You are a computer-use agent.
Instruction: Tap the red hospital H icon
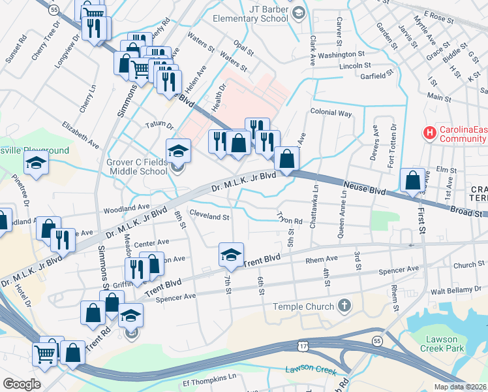pos(429,133)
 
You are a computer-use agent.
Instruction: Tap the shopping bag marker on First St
pos(412,181)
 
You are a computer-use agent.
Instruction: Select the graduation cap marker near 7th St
pos(230,255)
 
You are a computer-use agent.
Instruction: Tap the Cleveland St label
pos(209,214)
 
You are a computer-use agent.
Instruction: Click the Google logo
pos(22,384)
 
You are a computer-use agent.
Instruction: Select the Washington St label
pos(341,54)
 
